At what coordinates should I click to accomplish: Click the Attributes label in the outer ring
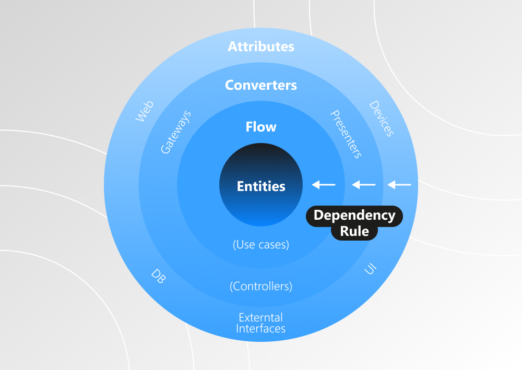[261, 46]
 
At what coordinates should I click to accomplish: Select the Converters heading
[261, 85]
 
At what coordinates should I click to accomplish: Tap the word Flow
[261, 127]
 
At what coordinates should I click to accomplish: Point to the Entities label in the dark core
[261, 186]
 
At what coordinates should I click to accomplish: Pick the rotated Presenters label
[346, 134]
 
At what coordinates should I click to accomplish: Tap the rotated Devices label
[381, 118]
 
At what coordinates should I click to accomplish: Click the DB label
[158, 276]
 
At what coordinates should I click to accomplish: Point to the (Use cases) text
[261, 244]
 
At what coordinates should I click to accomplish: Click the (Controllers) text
[261, 286]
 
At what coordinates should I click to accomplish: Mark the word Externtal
[260, 317]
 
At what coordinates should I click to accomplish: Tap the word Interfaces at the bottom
[260, 329]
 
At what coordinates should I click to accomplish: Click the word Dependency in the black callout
[354, 215]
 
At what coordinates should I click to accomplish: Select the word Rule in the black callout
[355, 231]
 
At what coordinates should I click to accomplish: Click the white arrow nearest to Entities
[324, 184]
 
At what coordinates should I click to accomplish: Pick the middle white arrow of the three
[364, 184]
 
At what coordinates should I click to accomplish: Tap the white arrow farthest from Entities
[399, 184]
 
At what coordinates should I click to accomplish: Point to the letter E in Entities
[241, 186]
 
